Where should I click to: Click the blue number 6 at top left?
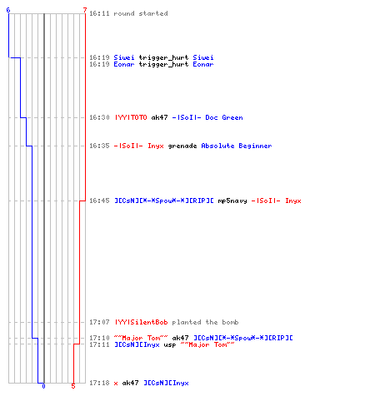(x=8, y=10)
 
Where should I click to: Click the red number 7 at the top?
(x=85, y=10)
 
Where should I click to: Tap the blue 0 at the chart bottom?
(x=43, y=386)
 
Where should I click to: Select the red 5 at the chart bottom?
(x=73, y=386)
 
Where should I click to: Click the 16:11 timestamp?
(x=99, y=13)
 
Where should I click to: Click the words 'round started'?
(x=141, y=13)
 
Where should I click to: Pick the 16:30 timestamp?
(x=99, y=117)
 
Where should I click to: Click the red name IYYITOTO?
(x=131, y=117)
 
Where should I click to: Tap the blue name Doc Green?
(x=224, y=117)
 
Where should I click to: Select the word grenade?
(x=182, y=146)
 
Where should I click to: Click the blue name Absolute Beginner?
(x=237, y=146)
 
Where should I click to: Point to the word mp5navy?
(x=232, y=201)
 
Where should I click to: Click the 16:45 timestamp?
(x=99, y=201)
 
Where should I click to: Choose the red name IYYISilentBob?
(x=141, y=322)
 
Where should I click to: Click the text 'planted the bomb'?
(x=205, y=322)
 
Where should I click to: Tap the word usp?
(x=170, y=345)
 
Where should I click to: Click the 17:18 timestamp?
(x=99, y=383)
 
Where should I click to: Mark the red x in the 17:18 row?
(x=116, y=384)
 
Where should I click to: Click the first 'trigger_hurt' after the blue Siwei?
(x=163, y=57)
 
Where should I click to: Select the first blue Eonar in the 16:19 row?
(x=124, y=64)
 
